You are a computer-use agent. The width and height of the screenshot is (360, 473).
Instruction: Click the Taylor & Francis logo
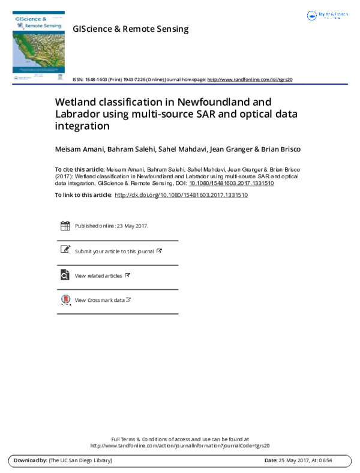[x=326, y=16]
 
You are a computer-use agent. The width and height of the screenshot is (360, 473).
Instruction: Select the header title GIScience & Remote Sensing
[x=130, y=29]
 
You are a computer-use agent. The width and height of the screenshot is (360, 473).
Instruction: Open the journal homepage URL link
[x=250, y=79]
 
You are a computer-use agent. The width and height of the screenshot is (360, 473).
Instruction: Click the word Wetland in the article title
[x=74, y=102]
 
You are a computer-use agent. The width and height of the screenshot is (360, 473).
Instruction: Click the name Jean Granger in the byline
[x=226, y=149]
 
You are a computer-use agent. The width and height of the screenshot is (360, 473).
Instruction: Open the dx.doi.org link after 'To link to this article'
[x=181, y=195]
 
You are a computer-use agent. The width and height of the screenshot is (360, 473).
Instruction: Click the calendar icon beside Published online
[x=65, y=226]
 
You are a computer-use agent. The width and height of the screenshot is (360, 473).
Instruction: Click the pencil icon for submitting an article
[x=65, y=250]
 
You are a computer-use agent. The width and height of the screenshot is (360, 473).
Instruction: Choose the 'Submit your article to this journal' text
[x=114, y=251]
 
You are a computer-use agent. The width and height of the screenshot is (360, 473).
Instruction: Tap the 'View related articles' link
[x=98, y=276]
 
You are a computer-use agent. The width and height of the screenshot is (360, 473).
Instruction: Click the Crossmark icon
[x=65, y=300]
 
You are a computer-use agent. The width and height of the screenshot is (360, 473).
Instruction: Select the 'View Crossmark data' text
[x=100, y=300]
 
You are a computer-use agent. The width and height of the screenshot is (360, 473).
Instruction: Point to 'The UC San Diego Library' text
[x=80, y=460]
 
